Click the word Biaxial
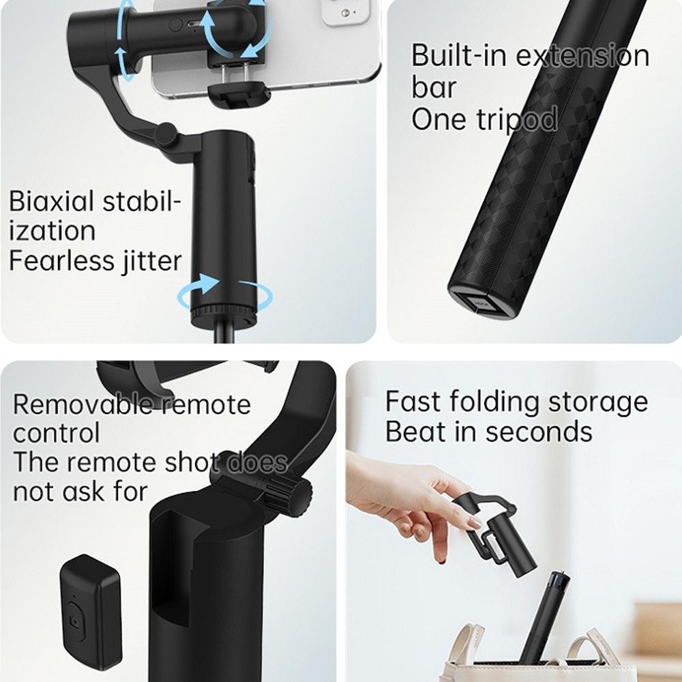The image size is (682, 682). (50, 203)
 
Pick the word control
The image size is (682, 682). (56, 433)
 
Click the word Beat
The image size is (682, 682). (415, 432)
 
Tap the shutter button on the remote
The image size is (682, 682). (74, 622)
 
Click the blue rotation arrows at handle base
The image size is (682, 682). (224, 293)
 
